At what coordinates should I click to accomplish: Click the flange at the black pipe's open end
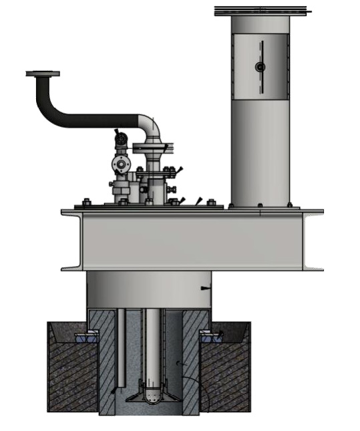43,74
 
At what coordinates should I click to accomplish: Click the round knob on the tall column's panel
260,67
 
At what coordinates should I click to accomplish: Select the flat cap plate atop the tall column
262,11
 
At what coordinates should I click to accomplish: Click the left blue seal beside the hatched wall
85,337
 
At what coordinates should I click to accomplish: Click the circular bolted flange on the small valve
120,164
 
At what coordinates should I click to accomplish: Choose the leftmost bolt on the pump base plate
86,201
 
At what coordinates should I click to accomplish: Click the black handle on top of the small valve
118,134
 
